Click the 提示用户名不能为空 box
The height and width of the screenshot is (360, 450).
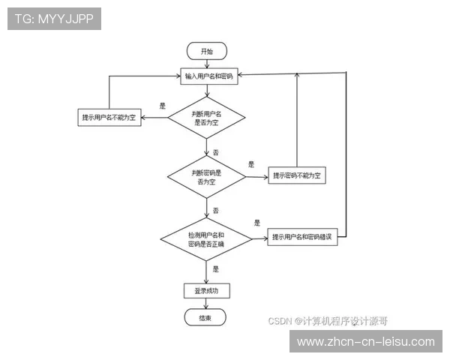[112, 118]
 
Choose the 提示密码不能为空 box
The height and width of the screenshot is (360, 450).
[297, 176]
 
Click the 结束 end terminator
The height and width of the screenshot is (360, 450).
[205, 318]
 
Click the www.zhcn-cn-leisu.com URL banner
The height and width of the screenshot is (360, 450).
[365, 341]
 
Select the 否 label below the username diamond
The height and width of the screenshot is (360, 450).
[216, 152]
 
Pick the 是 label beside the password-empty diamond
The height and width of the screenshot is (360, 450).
[251, 163]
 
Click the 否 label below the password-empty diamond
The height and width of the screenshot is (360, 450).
[216, 211]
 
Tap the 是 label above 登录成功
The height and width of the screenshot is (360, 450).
[216, 268]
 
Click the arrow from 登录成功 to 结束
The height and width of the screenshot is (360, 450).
[205, 304]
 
